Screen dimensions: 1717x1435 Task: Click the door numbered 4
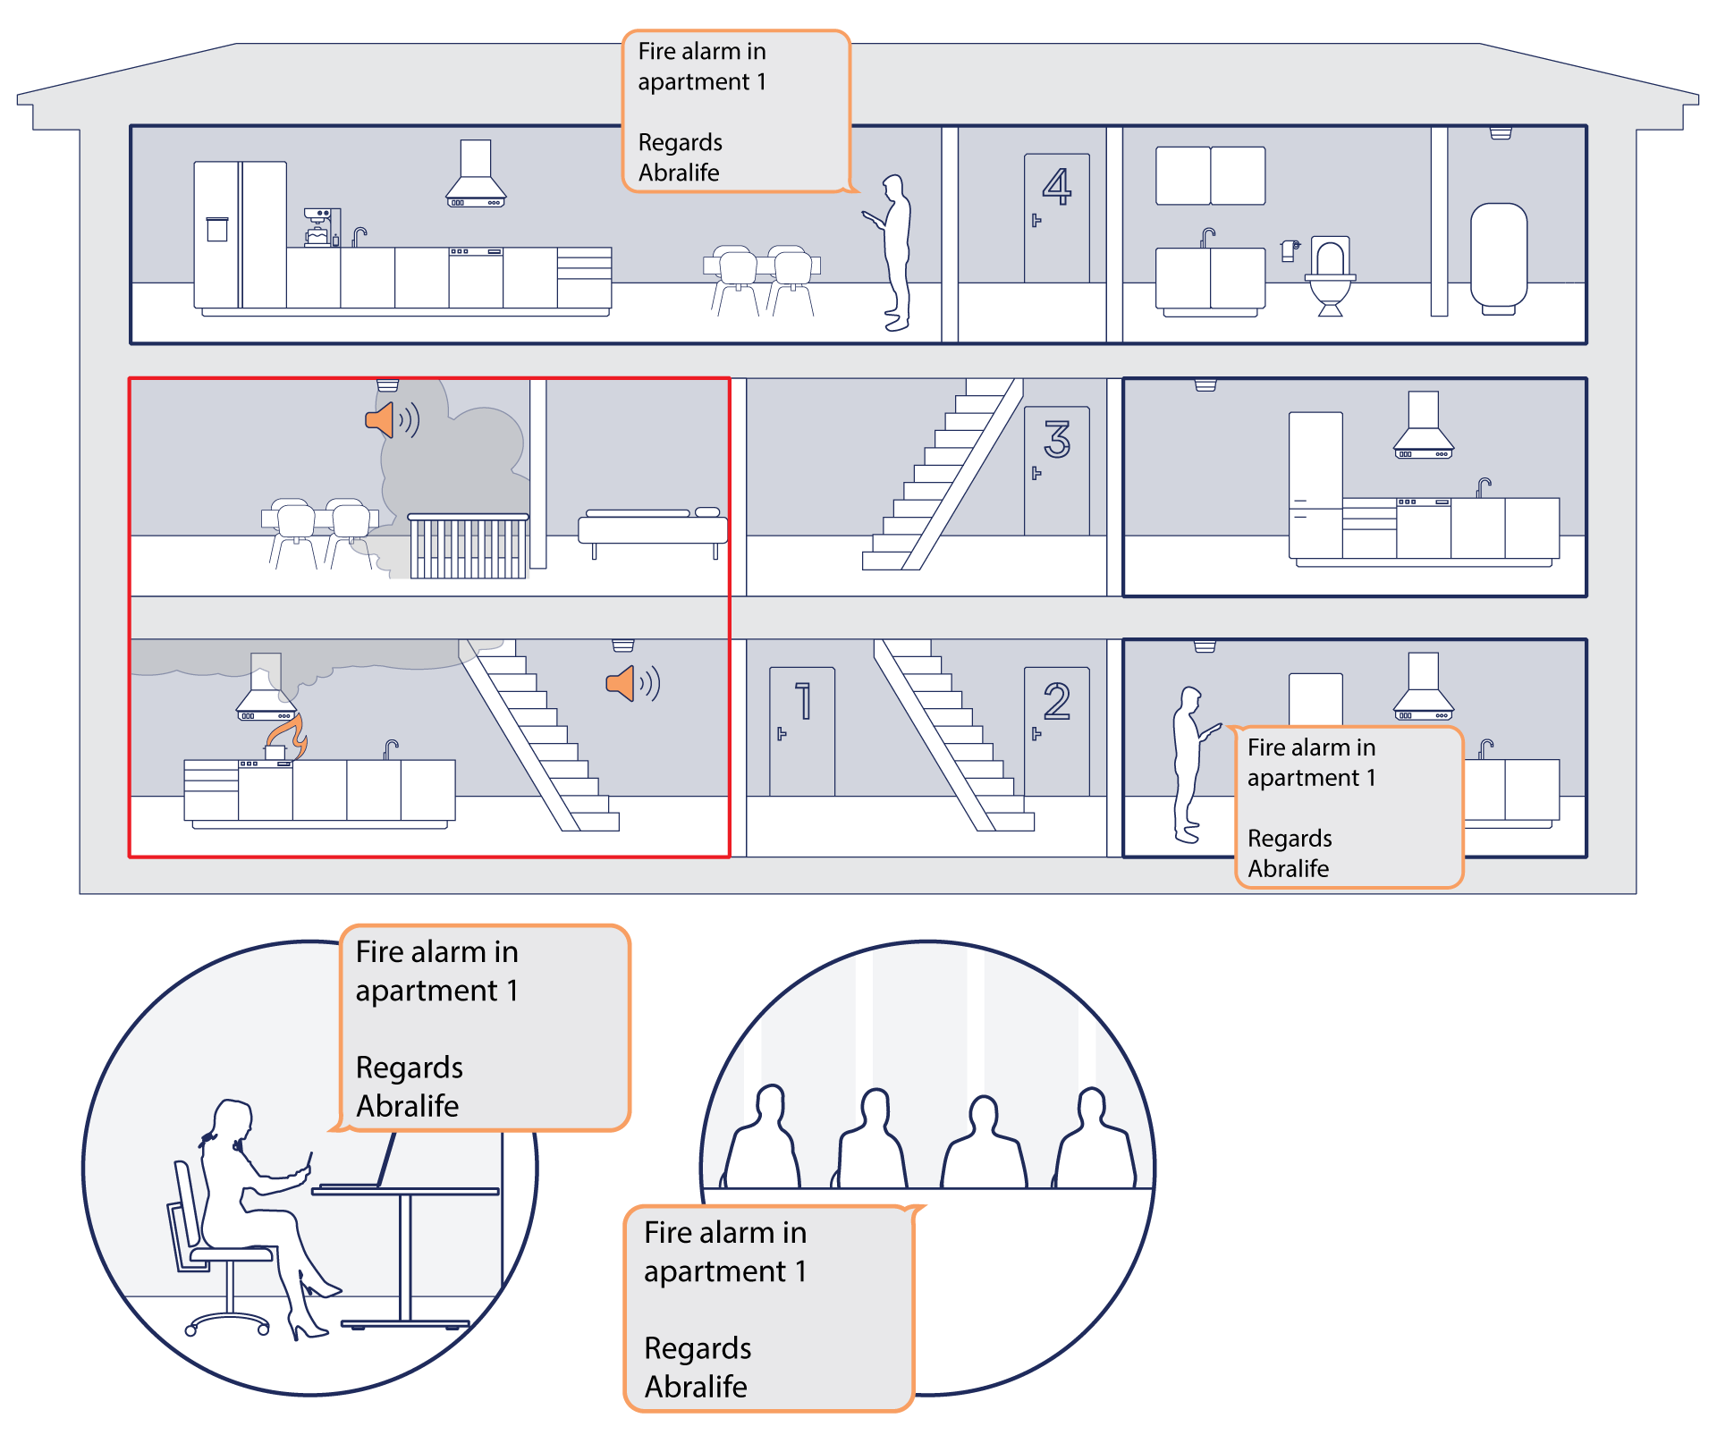(x=1056, y=218)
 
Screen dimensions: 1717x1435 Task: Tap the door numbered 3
(x=1056, y=471)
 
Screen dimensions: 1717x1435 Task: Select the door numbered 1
(x=802, y=731)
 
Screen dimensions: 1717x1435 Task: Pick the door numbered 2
(x=1056, y=731)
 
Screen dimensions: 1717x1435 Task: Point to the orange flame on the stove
(x=289, y=736)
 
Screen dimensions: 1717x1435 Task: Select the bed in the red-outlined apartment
(x=653, y=531)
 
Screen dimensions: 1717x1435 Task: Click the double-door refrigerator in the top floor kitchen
(x=241, y=235)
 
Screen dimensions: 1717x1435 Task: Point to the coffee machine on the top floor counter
(x=317, y=227)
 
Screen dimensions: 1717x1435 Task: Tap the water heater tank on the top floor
(x=1499, y=258)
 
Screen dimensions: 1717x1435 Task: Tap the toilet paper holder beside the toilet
(x=1290, y=249)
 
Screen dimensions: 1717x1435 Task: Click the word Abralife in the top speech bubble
(x=679, y=173)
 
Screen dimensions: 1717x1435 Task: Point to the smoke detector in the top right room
(x=1501, y=133)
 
